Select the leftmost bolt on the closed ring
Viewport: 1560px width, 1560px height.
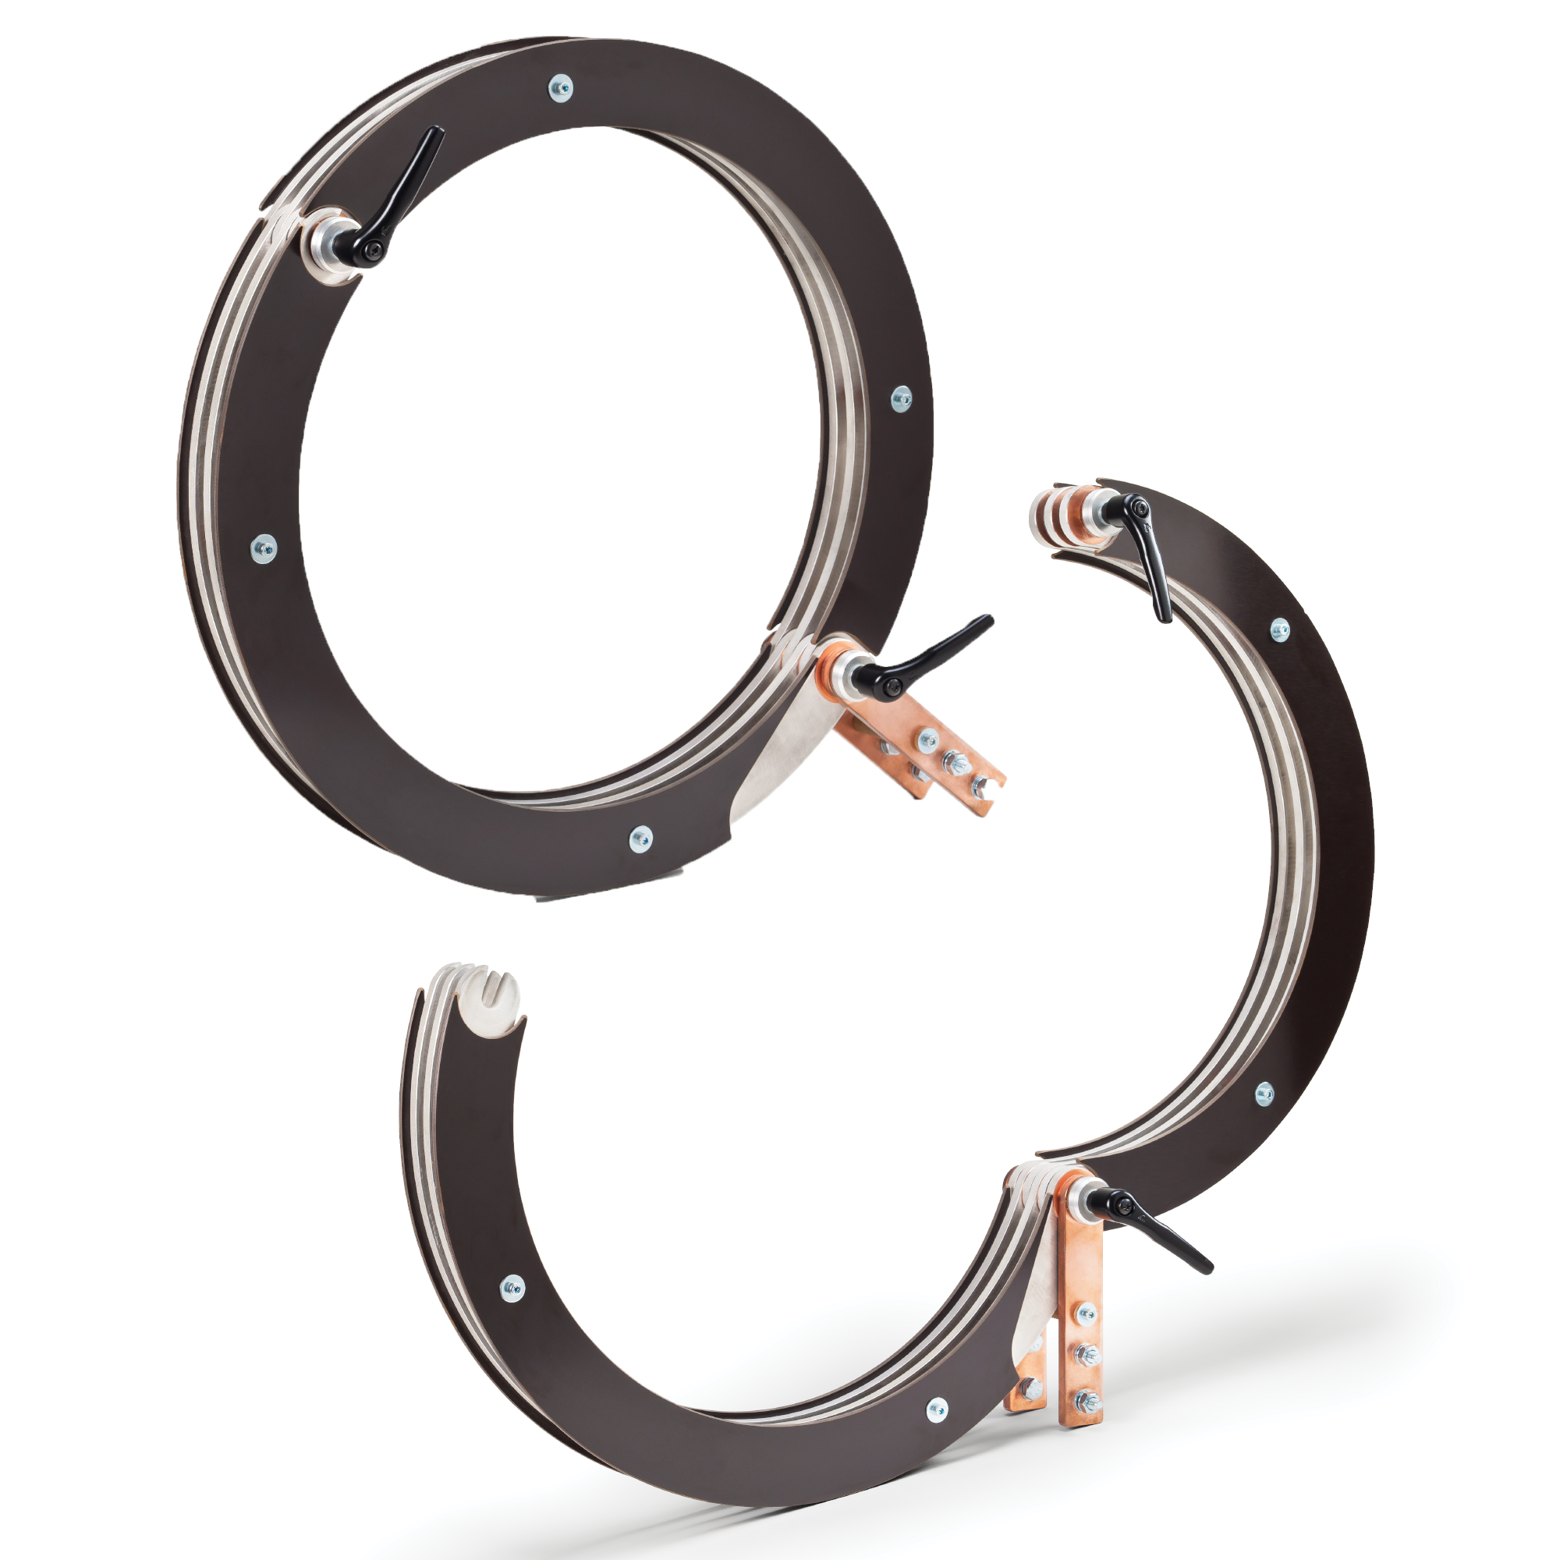[x=263, y=549]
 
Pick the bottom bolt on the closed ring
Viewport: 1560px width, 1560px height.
[x=640, y=839]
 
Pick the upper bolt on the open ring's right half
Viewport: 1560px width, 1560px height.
[x=1281, y=630]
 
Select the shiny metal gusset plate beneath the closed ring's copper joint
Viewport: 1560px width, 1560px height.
[x=775, y=759]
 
